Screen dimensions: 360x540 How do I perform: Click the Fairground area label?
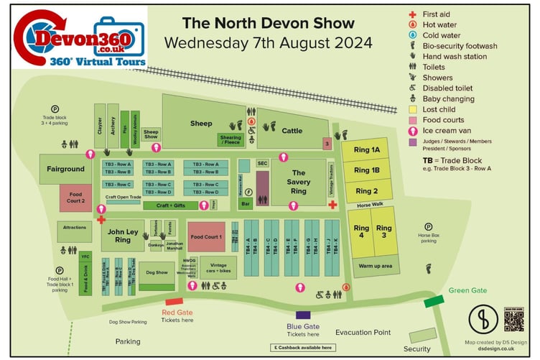pyautogui.click(x=65, y=169)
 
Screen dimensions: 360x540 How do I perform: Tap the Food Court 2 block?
pyautogui.click(x=76, y=198)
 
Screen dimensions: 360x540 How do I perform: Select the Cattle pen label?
pyautogui.click(x=292, y=131)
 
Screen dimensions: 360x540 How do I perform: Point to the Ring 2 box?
pyautogui.click(x=366, y=191)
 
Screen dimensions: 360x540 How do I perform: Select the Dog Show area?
pyautogui.click(x=156, y=273)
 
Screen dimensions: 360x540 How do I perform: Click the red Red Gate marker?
pyautogui.click(x=174, y=302)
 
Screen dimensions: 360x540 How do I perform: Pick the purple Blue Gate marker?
pyautogui.click(x=302, y=315)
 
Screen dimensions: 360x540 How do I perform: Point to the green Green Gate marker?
pyautogui.click(x=434, y=301)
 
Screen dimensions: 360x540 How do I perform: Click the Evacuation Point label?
pyautogui.click(x=363, y=333)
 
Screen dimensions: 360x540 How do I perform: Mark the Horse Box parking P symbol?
pyautogui.click(x=429, y=227)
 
